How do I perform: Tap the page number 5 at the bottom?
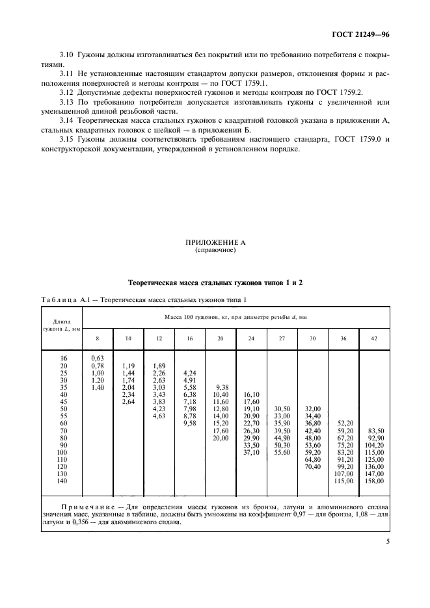click(x=387, y=554)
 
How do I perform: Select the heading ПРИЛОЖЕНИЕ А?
click(x=215, y=242)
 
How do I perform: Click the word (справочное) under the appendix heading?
click(x=215, y=250)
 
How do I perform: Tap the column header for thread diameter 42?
click(x=374, y=338)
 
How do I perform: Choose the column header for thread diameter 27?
click(x=282, y=338)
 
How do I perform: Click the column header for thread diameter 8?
click(x=98, y=338)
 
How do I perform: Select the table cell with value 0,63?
click(x=98, y=358)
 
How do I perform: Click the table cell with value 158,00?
click(x=374, y=481)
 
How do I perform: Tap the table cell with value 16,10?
click(x=251, y=394)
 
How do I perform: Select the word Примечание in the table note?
click(x=90, y=505)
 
